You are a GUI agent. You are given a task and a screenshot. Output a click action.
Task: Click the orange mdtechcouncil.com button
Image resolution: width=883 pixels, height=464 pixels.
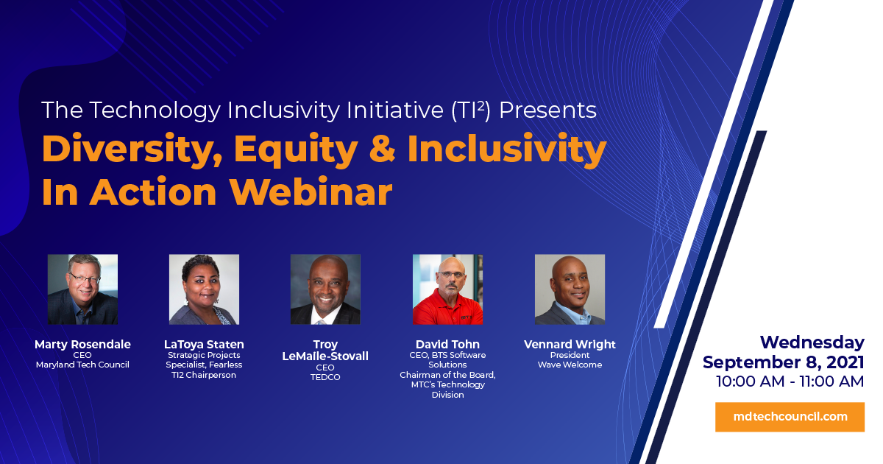[790, 417]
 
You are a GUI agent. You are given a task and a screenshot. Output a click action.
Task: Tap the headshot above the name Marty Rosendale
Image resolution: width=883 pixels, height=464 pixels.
[82, 289]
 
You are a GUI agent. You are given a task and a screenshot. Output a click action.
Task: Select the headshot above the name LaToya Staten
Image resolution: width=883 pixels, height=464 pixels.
[205, 289]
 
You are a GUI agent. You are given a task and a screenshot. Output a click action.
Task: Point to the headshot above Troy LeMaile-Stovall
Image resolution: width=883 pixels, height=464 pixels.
[325, 289]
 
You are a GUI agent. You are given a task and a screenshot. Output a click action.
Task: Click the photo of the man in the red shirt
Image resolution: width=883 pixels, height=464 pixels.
[448, 289]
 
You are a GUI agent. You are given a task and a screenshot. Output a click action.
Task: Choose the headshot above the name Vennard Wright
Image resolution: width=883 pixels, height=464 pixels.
[570, 289]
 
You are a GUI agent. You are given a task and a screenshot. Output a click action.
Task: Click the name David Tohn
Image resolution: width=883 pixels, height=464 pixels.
[448, 344]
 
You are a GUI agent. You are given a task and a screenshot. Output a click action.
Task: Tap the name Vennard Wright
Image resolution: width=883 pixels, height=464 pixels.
[570, 345]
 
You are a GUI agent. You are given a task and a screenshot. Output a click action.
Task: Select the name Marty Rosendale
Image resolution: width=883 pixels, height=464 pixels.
[82, 344]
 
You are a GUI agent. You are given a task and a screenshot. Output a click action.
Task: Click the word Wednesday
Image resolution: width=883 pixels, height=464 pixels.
[812, 342]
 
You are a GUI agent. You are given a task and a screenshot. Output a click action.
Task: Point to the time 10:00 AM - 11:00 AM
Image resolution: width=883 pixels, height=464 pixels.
[790, 382]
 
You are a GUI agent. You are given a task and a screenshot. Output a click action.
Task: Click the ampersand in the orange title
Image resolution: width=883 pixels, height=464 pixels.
[382, 149]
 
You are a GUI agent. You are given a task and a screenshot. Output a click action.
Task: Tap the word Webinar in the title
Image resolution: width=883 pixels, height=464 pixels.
[311, 192]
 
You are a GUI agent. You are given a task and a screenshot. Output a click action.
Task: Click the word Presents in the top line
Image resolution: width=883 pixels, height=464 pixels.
[548, 110]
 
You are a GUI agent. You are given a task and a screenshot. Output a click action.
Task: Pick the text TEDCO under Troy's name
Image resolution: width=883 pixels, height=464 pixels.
[325, 377]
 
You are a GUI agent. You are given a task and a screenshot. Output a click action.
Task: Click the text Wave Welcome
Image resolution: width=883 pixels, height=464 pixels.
[570, 365]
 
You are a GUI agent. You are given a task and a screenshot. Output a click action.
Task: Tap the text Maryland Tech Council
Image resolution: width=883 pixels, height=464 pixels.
[82, 365]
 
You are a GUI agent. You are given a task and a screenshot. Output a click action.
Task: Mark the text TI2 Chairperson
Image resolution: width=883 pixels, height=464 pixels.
[204, 375]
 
